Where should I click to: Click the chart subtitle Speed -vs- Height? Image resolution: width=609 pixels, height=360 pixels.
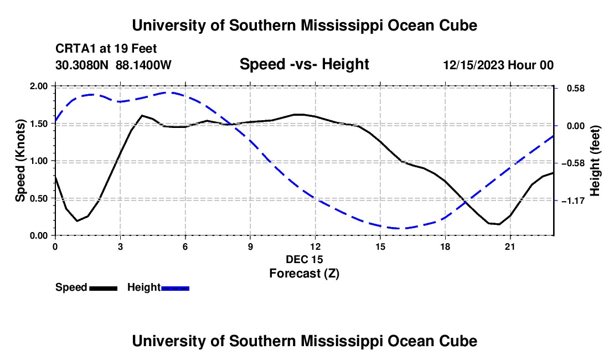click(x=304, y=64)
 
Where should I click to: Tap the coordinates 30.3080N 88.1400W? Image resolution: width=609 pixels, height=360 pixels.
click(x=113, y=65)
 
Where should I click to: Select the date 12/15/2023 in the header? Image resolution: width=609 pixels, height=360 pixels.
click(x=474, y=65)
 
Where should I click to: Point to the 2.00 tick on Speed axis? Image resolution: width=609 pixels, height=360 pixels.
click(x=38, y=86)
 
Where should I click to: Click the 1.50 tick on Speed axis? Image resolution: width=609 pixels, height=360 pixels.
click(x=38, y=124)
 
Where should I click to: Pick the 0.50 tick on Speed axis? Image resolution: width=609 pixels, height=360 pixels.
click(x=38, y=198)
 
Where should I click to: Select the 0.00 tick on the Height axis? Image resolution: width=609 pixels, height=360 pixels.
click(x=576, y=126)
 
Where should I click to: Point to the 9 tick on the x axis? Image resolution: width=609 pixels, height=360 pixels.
click(x=250, y=246)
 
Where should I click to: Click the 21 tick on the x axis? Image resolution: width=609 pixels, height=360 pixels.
click(x=510, y=246)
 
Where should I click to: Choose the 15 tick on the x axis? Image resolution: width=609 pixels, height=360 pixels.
click(x=380, y=246)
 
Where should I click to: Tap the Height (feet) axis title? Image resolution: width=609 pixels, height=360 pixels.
click(x=595, y=161)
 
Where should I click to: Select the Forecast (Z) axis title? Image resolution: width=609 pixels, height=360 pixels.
click(x=304, y=274)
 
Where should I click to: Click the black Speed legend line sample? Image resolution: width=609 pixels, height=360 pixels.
click(x=104, y=289)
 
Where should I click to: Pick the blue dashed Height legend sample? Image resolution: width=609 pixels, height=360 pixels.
click(x=175, y=289)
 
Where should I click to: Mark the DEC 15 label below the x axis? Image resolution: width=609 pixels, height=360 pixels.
click(x=304, y=259)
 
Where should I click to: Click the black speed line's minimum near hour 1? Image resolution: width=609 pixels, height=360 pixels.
click(x=78, y=221)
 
